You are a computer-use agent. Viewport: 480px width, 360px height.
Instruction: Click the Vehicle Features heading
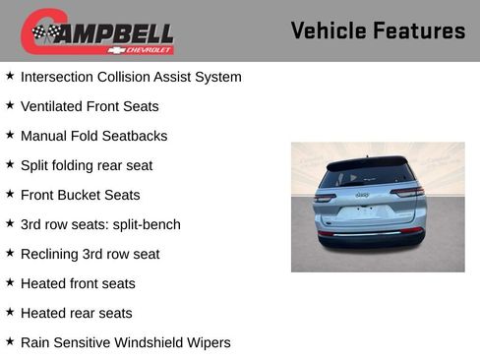(x=378, y=30)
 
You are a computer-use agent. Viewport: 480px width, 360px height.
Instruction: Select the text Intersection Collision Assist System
(x=131, y=77)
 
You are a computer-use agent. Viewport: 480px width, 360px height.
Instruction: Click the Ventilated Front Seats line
(x=90, y=106)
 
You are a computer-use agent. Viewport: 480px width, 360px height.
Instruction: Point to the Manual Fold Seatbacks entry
(x=93, y=136)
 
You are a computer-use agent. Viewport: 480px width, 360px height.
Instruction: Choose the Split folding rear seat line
(x=87, y=165)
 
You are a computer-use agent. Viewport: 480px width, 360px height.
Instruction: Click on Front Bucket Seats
(x=80, y=195)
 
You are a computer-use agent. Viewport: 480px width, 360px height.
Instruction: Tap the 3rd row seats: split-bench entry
(x=100, y=224)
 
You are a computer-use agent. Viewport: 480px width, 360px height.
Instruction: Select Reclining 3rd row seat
(x=90, y=254)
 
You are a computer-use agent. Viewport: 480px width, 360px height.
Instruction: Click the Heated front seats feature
(x=78, y=283)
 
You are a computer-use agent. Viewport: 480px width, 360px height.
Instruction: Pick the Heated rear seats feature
(x=76, y=313)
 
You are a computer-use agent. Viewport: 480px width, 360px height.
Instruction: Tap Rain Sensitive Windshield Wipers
(x=125, y=342)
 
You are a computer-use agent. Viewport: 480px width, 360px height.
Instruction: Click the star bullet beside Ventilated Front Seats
(x=10, y=104)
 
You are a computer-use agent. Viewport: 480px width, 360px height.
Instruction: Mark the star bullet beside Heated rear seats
(x=10, y=311)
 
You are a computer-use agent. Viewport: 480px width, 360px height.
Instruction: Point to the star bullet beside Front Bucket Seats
(x=10, y=193)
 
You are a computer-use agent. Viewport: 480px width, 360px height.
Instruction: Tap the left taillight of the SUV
(x=325, y=198)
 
